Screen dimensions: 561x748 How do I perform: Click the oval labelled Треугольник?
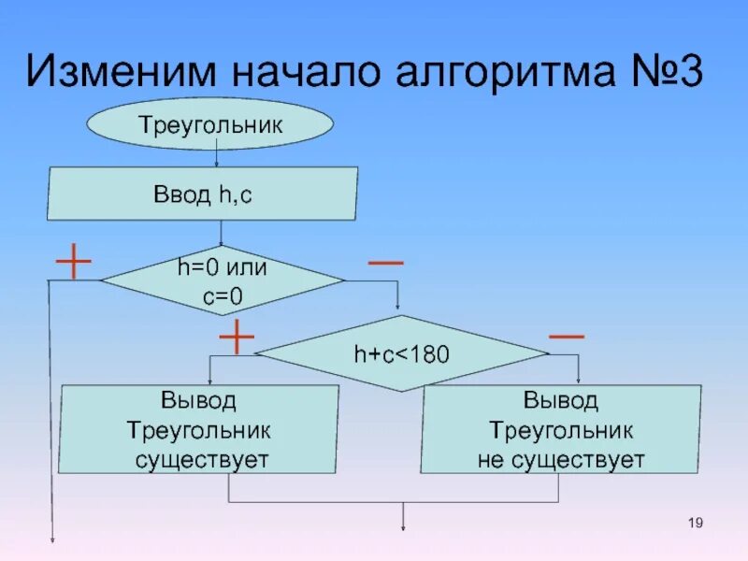coord(209,125)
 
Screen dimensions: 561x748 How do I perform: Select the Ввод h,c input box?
coord(203,194)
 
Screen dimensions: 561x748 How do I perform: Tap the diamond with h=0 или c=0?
coord(223,280)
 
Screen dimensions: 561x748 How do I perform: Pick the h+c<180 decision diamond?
coord(401,354)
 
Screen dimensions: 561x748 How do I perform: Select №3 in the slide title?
coord(663,72)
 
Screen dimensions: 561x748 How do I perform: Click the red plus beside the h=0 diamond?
coord(73,263)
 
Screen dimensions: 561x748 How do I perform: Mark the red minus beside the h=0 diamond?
coord(386,263)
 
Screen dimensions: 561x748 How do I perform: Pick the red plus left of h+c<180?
coord(237,337)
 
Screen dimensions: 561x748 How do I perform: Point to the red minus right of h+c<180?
coord(567,335)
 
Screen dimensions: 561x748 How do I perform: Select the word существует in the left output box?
coord(201,460)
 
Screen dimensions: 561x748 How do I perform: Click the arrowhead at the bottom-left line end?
coord(52,539)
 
